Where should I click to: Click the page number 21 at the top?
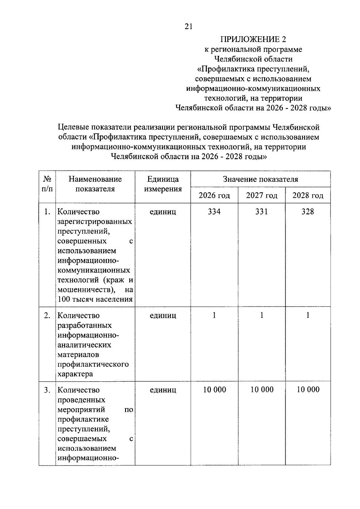[x=188, y=27]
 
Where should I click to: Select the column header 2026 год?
[x=214, y=195]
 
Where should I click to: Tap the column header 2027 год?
[x=262, y=195]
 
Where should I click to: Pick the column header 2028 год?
[x=308, y=195]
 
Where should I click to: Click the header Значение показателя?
[x=260, y=179]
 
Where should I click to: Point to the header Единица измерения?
[x=163, y=184]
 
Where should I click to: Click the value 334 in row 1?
[x=214, y=212]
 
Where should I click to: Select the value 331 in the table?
[x=262, y=212]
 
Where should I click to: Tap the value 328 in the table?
[x=308, y=212]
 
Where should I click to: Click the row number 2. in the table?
[x=47, y=315]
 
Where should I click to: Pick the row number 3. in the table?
[x=47, y=390]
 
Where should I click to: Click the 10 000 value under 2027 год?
[x=262, y=389]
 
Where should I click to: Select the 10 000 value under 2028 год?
[x=308, y=389]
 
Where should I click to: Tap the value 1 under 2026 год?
[x=214, y=315]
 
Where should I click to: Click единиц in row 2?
[x=163, y=315]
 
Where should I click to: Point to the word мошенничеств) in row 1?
[x=87, y=290]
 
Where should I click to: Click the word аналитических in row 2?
[x=84, y=345]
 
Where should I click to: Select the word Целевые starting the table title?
[x=71, y=127]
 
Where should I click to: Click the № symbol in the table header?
[x=47, y=179]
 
